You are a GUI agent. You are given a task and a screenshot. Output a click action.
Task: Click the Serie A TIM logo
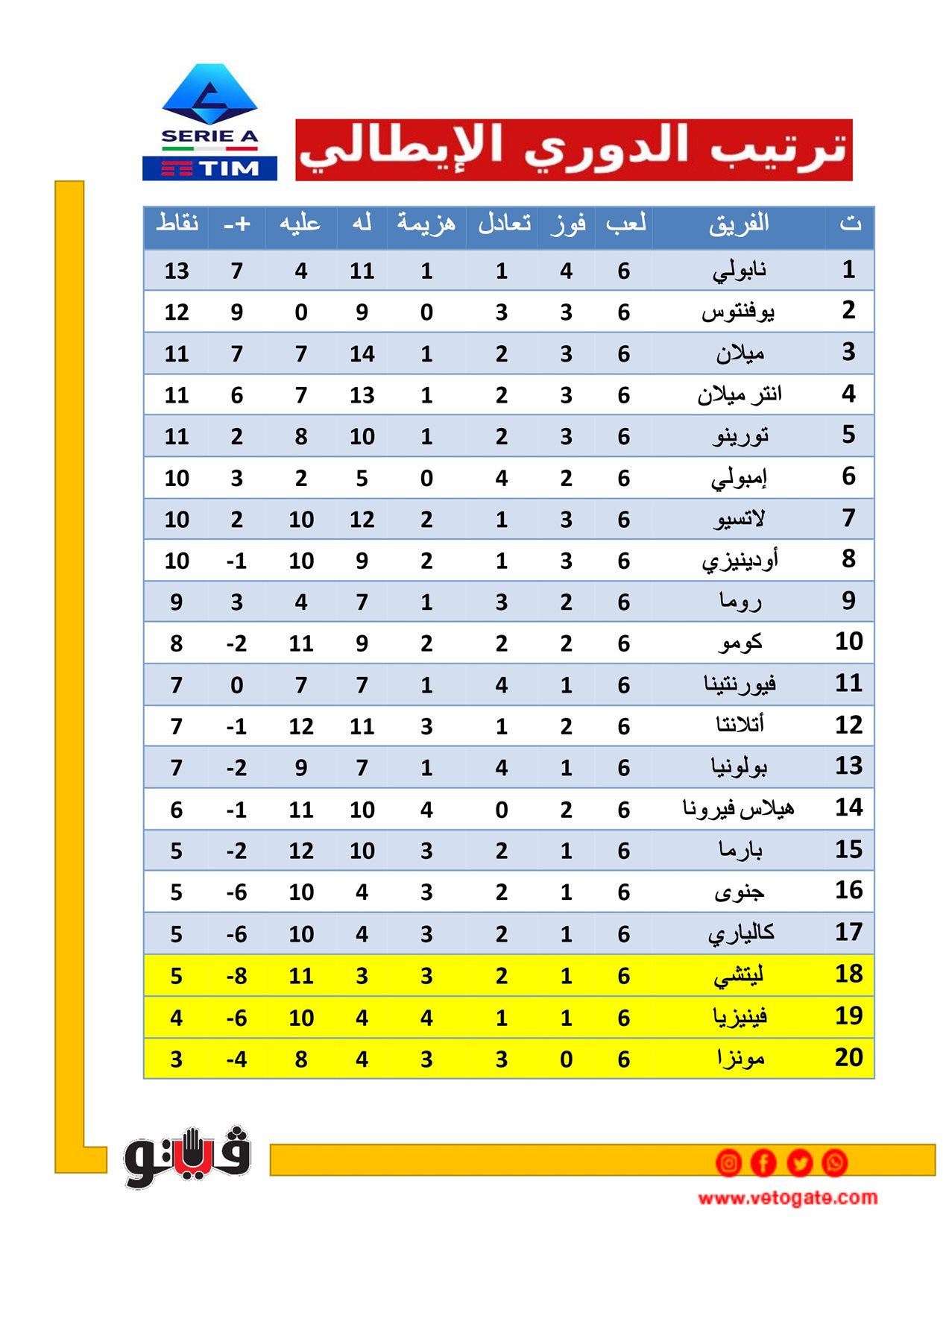[209, 123]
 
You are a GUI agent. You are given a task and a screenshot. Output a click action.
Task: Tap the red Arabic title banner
[573, 149]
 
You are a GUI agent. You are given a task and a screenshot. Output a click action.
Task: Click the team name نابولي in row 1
[739, 270]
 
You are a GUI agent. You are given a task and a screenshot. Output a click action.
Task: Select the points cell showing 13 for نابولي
[177, 271]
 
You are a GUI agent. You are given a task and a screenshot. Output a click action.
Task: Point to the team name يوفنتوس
[738, 312]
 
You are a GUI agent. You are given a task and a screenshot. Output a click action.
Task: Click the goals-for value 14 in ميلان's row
[362, 353]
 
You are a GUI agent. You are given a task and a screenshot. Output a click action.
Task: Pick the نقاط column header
[177, 224]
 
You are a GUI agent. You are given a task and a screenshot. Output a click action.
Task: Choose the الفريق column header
[739, 224]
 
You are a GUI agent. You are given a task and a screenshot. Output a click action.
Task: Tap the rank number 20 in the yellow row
[848, 1057]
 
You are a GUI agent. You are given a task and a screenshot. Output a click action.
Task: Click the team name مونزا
[740, 1058]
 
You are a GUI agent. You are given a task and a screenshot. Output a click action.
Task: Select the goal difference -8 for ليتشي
[236, 975]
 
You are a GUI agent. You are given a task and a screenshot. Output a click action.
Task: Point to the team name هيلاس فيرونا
[738, 809]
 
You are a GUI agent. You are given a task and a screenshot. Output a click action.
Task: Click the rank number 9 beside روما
[848, 601]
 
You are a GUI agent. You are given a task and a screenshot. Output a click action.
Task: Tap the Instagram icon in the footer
[728, 1162]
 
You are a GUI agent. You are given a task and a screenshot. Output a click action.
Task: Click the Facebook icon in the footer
[763, 1162]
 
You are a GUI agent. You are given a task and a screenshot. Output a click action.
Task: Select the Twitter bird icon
[799, 1162]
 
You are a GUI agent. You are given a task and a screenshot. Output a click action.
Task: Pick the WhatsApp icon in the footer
[835, 1162]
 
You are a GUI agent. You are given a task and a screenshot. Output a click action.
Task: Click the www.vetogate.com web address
[787, 1198]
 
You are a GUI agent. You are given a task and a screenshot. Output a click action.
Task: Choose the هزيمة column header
[426, 224]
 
